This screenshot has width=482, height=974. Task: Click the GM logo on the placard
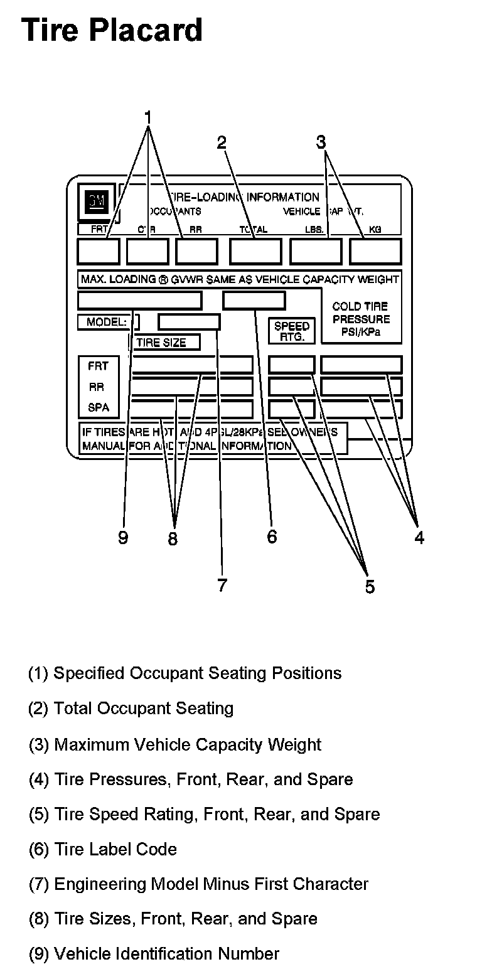(97, 201)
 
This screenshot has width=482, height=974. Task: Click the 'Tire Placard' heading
(112, 29)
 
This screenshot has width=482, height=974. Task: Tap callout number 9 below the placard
(123, 538)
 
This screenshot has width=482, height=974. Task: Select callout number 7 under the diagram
(222, 586)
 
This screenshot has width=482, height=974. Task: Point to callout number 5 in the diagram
(370, 587)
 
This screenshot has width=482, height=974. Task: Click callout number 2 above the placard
(222, 142)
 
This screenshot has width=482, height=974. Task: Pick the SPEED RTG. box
(292, 331)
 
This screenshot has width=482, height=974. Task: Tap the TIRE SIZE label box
(164, 343)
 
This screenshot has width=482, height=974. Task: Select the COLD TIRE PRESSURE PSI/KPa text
(360, 319)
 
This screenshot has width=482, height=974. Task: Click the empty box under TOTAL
(255, 251)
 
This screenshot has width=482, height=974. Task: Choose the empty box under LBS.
(315, 251)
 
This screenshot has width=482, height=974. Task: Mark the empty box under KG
(375, 251)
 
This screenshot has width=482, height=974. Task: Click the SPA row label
(99, 407)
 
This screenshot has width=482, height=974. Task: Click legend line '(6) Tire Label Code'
(103, 849)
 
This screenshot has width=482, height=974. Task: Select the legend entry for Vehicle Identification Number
(154, 954)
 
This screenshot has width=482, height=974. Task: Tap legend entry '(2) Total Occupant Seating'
(131, 709)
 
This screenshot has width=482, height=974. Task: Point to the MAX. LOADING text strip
(239, 279)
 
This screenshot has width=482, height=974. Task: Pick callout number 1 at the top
(148, 117)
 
